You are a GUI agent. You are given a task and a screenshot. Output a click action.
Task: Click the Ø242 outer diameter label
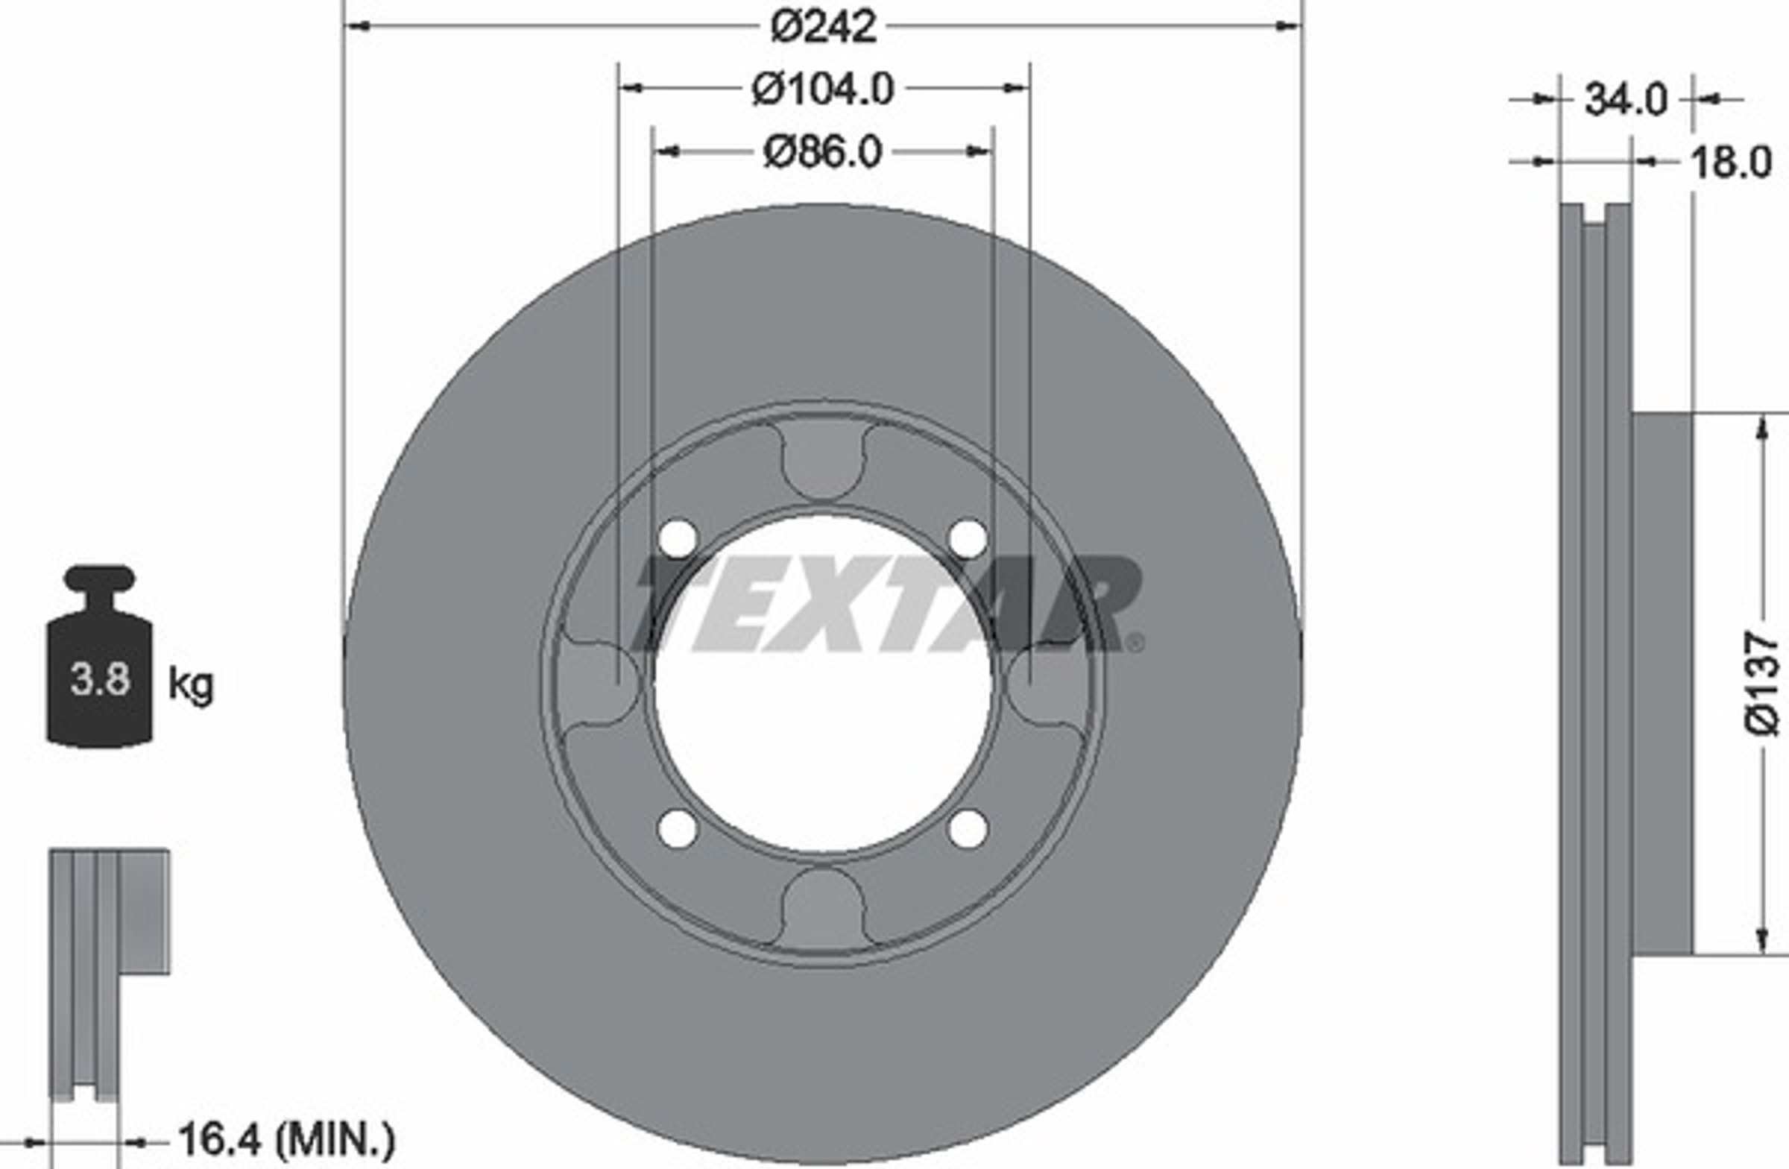coord(824,27)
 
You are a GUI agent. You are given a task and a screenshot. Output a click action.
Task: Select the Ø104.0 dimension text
coord(823,89)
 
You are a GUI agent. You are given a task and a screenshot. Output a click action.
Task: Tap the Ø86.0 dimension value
coord(822,153)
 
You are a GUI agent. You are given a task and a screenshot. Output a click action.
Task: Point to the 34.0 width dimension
coord(1626,99)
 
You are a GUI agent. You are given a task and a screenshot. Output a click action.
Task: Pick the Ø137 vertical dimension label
coord(1762,684)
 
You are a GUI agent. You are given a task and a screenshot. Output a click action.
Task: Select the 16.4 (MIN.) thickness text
coord(286,1140)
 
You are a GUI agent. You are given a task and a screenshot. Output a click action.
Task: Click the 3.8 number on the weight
coord(100,679)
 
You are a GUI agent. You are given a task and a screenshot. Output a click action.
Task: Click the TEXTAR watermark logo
coord(887,604)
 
